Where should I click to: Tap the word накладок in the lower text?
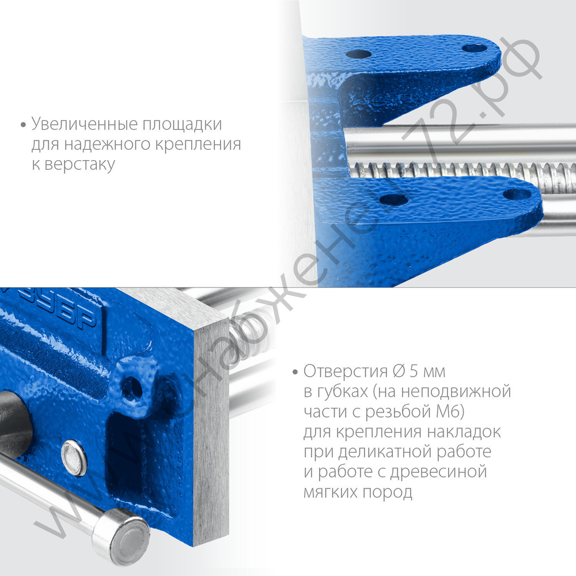point(465,431)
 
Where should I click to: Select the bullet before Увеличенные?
point(23,124)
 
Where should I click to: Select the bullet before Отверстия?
point(295,371)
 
